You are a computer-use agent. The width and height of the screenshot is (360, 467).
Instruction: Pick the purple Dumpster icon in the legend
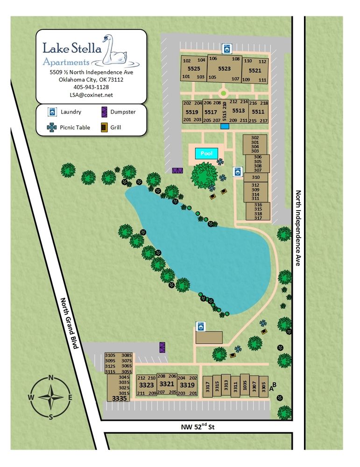coord(105,112)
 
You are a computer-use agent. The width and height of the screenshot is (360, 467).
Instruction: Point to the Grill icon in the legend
coord(105,127)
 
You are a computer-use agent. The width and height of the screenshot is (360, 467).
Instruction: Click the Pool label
coord(206,153)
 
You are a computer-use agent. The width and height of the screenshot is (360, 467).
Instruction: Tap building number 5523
coord(224,69)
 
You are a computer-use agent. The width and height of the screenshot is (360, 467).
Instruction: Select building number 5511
coord(258,112)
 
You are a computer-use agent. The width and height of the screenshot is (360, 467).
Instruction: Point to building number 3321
coord(167,384)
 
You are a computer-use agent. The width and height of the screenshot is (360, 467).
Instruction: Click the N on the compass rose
coord(51,378)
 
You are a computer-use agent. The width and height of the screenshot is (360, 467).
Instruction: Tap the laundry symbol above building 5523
coord(227,48)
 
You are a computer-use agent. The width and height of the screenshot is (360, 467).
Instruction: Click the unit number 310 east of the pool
coord(255,177)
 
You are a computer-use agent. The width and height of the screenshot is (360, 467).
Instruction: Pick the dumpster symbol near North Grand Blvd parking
coord(162,347)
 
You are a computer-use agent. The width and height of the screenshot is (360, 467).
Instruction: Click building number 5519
coord(192,112)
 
